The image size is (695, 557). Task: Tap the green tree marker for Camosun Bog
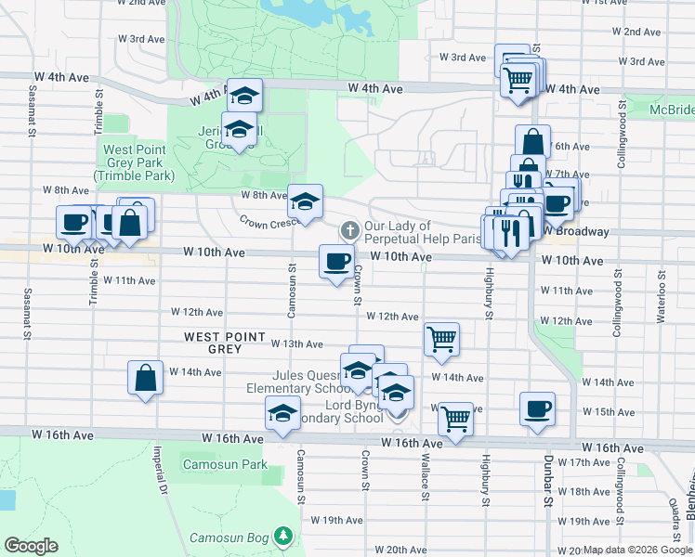point(284,537)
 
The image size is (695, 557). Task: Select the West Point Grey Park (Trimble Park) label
point(135,162)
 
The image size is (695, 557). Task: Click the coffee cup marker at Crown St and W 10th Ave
point(336,261)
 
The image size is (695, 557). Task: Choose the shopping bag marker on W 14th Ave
point(145,378)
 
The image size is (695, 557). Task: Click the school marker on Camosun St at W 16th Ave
point(282,414)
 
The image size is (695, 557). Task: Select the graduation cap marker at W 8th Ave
point(305,201)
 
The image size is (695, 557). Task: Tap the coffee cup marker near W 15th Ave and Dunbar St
point(538,409)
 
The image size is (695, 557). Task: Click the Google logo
point(31,546)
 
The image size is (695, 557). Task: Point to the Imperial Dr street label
point(162,473)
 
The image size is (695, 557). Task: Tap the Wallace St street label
point(425,481)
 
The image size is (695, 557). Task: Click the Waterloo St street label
point(662,298)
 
